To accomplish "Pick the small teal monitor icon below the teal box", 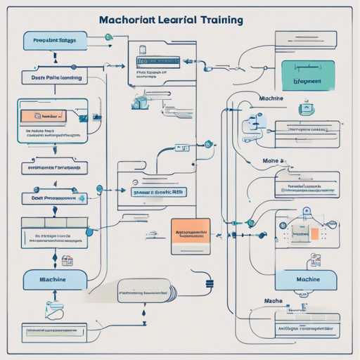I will coord(307,109).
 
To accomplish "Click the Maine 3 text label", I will coord(272,161).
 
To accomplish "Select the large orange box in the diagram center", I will coord(191,231).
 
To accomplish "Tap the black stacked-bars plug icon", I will coord(208,284).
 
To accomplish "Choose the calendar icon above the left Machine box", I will coord(67,261).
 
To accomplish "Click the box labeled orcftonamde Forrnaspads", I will coord(53,169).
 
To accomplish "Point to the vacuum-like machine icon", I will coord(139,103).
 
